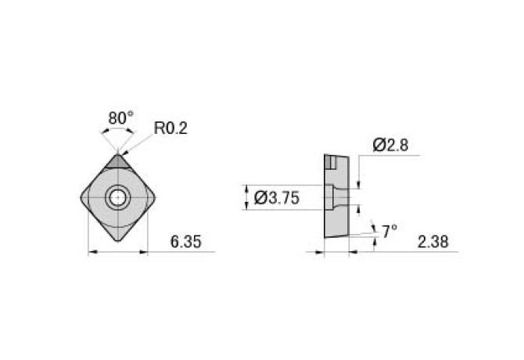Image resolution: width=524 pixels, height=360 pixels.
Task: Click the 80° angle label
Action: click(x=121, y=117)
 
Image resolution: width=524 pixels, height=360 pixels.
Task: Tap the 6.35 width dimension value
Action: click(x=186, y=243)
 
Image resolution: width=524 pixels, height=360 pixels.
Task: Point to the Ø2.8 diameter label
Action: click(x=391, y=145)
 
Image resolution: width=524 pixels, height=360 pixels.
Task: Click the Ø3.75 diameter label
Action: click(x=277, y=199)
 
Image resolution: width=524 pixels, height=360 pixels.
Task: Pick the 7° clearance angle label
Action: click(x=389, y=231)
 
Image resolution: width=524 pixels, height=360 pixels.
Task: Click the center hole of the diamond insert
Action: click(x=118, y=198)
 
